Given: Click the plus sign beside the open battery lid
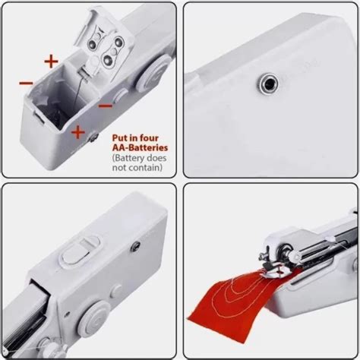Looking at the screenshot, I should (x=51, y=59).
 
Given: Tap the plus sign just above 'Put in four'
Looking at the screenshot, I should (x=77, y=132).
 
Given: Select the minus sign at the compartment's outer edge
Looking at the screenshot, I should (x=26, y=81).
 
